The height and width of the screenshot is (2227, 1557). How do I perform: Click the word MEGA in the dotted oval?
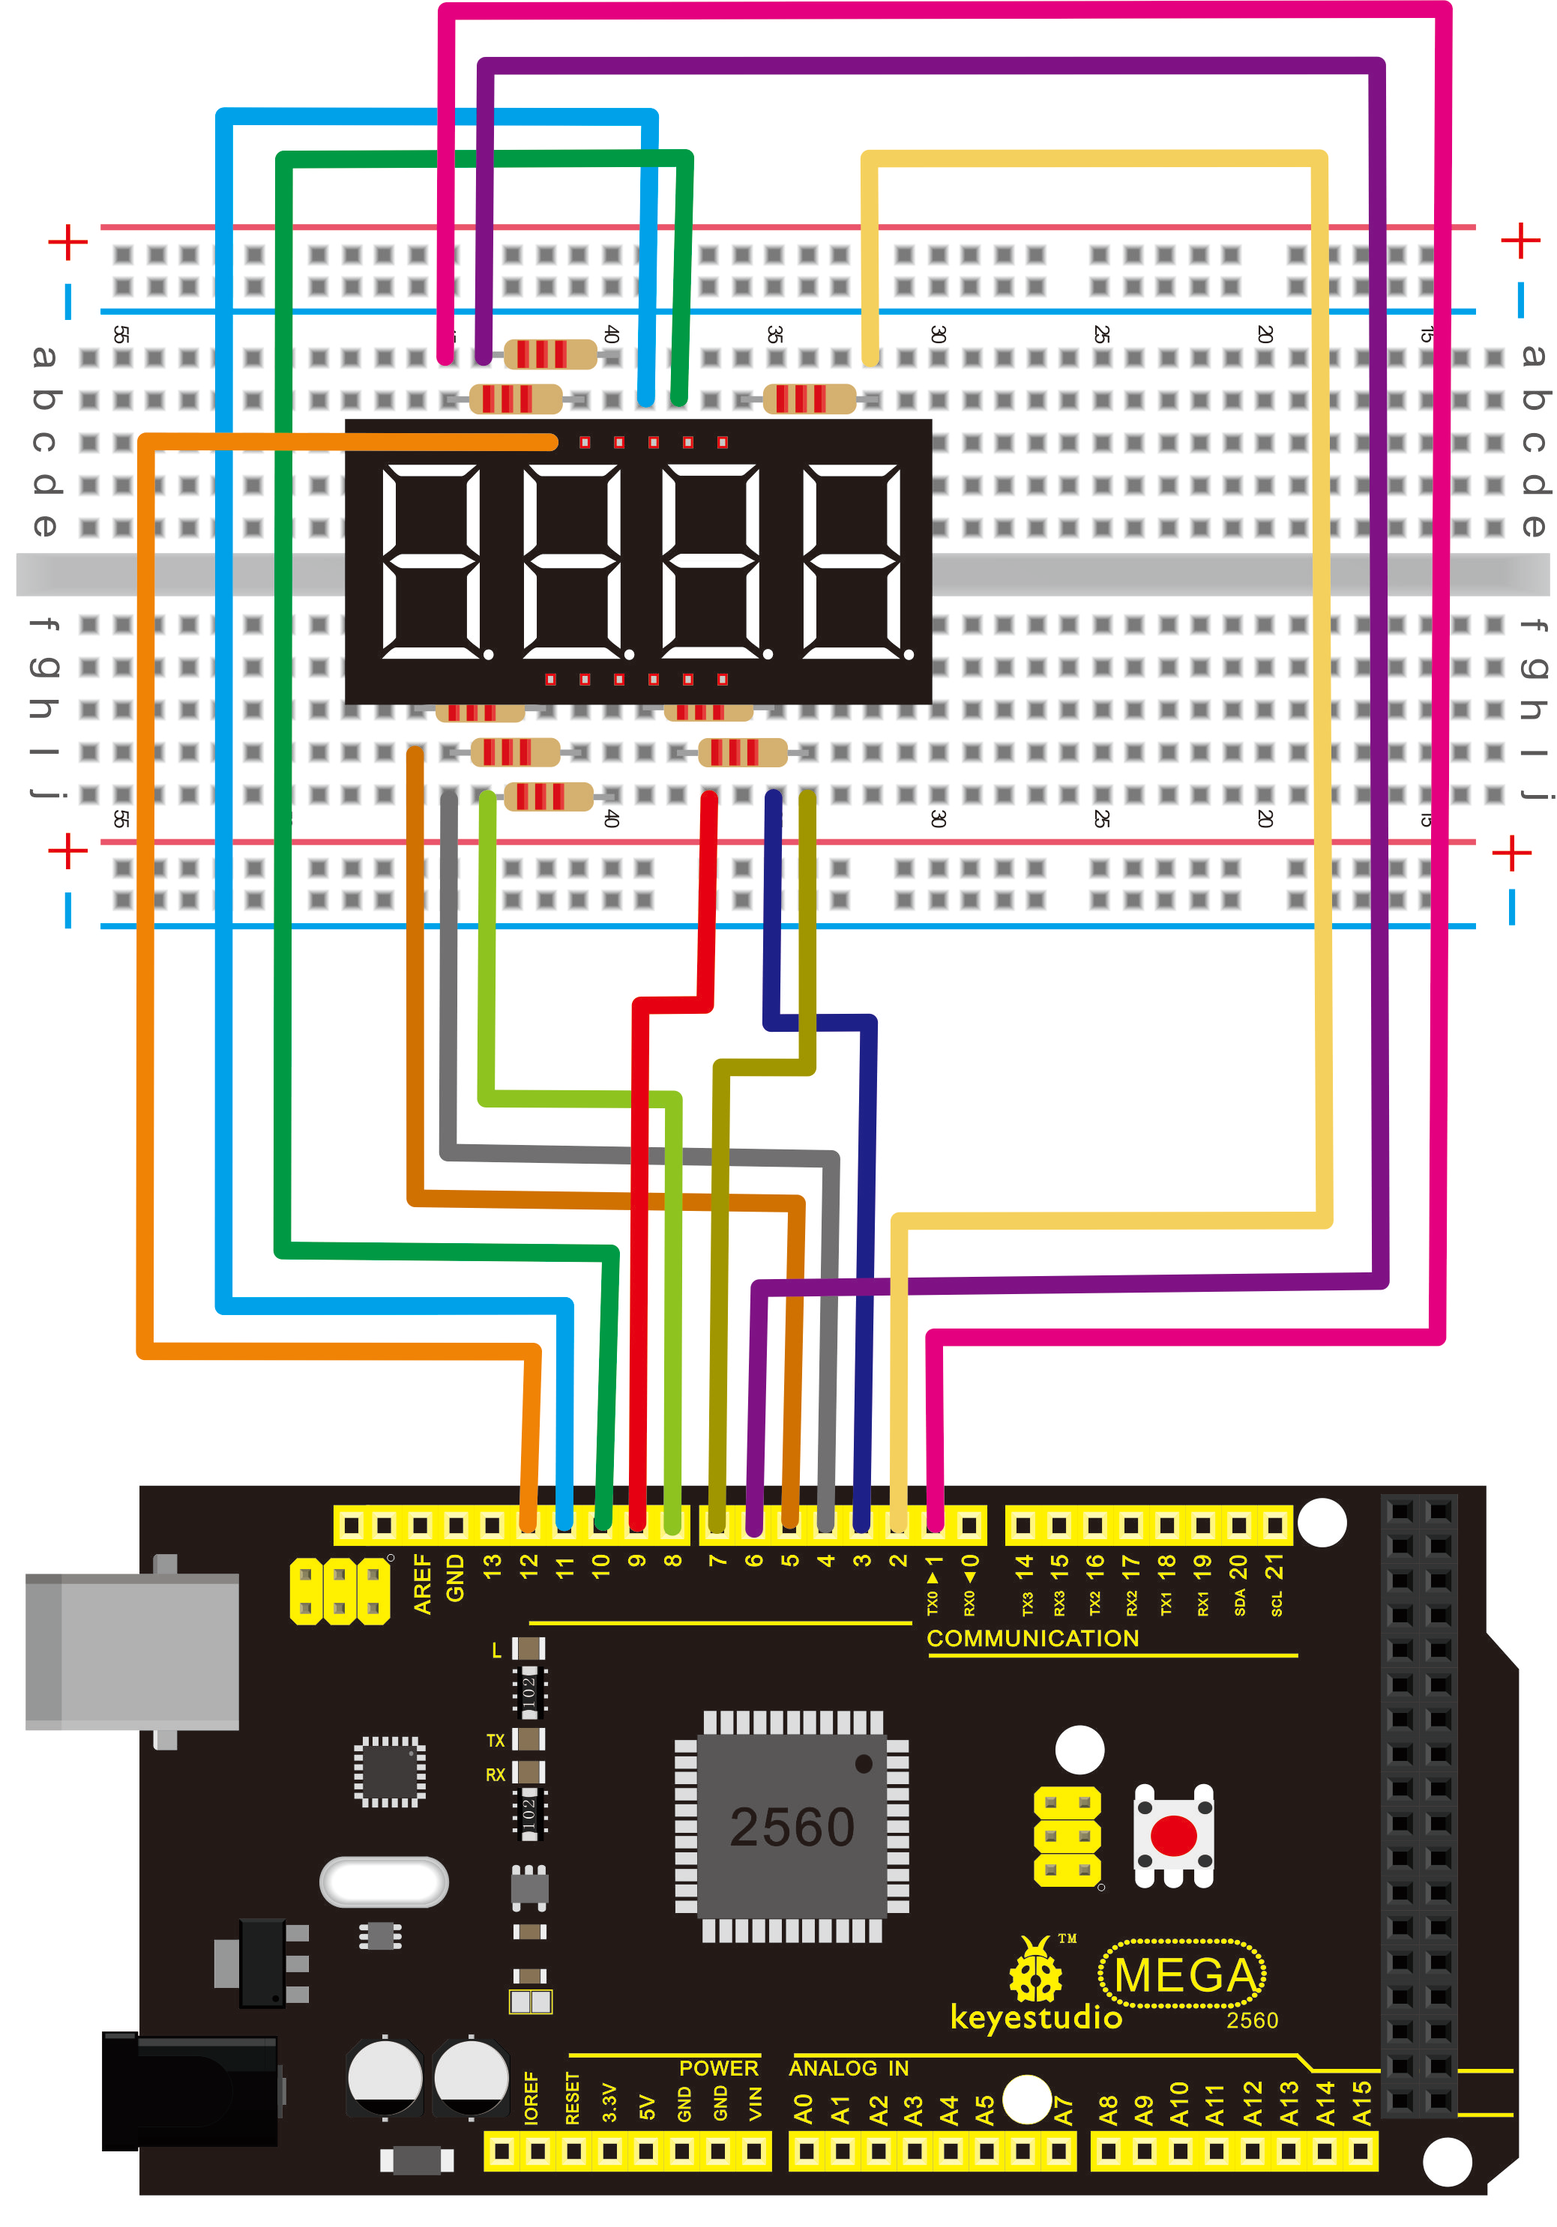click(x=1184, y=1974)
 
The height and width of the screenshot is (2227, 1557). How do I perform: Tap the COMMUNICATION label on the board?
click(x=1032, y=1638)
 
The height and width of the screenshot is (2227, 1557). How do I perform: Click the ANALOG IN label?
click(x=848, y=2068)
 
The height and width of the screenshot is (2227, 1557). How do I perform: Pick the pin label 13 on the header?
click(x=493, y=1564)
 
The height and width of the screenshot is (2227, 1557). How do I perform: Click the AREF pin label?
click(x=422, y=1583)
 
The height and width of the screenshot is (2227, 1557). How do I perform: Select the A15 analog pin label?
click(x=1361, y=2102)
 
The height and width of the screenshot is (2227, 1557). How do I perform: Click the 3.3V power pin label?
click(x=609, y=2102)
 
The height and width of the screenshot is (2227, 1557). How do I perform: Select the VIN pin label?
click(x=755, y=2103)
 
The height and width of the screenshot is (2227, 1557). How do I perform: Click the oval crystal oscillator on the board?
click(x=384, y=1882)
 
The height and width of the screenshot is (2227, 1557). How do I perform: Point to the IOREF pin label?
click(x=531, y=2098)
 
